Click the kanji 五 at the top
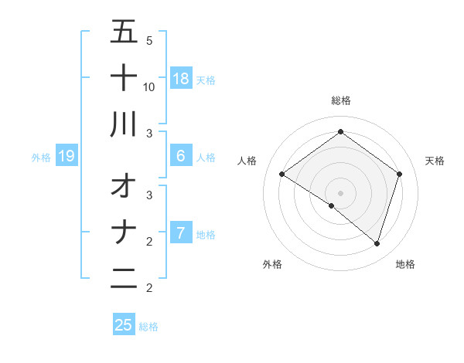click(x=124, y=32)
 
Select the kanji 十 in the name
click(x=124, y=77)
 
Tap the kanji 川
click(x=124, y=124)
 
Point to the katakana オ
click(x=124, y=186)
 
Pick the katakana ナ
click(x=124, y=232)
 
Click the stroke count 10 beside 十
click(x=149, y=87)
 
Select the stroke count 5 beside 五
click(x=149, y=40)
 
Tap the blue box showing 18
click(x=180, y=78)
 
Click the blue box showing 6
click(x=180, y=156)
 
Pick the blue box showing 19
click(x=67, y=157)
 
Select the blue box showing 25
click(x=124, y=325)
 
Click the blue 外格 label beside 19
click(x=41, y=158)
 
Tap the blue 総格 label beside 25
click(x=148, y=326)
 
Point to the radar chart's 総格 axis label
click(x=340, y=100)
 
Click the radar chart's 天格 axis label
click(x=435, y=161)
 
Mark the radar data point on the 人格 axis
click(x=281, y=175)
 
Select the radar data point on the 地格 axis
click(x=377, y=244)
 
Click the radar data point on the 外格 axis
click(x=332, y=205)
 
